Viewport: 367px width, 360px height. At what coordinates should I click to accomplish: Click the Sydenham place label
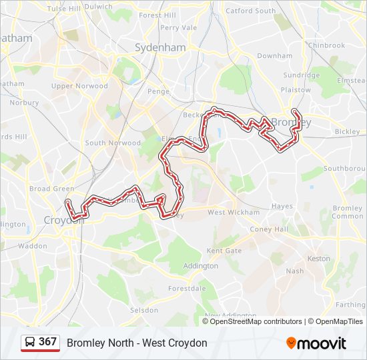(160, 48)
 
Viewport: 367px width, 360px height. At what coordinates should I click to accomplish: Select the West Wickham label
(234, 213)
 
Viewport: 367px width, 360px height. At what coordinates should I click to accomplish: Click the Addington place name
(200, 266)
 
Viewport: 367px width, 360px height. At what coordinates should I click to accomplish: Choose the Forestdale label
(187, 289)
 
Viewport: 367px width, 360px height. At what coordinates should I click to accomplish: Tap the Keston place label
(318, 259)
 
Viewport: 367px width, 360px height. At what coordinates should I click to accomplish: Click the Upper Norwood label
(79, 86)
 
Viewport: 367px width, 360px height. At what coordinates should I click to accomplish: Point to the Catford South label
(250, 11)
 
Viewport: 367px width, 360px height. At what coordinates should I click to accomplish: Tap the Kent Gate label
(224, 251)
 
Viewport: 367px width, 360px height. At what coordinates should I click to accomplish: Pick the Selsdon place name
(144, 311)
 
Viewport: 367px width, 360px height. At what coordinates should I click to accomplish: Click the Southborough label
(344, 169)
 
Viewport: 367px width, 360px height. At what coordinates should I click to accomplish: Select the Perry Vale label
(179, 28)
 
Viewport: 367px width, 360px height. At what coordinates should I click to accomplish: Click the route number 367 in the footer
(48, 342)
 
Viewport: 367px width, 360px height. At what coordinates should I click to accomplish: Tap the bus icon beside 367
(30, 343)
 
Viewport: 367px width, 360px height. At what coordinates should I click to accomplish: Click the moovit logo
(316, 343)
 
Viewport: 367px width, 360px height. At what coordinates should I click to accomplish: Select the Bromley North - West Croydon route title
(137, 343)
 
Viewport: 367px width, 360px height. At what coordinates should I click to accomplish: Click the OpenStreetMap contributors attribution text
(256, 321)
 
